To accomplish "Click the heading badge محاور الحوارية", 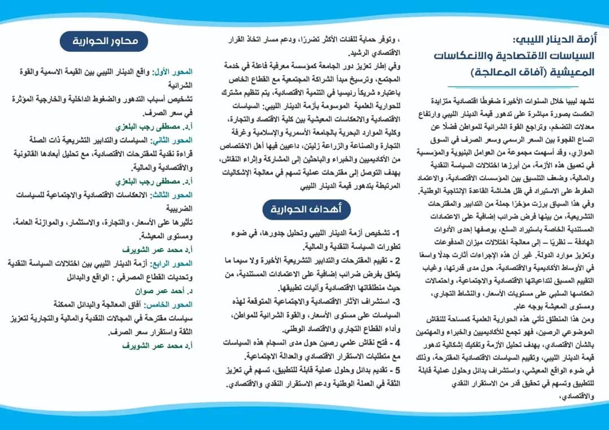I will tap(104, 41).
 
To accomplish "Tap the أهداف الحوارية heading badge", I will tap(306, 210).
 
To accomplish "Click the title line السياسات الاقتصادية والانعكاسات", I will tap(519, 56).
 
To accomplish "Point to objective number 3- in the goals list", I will tap(396, 302).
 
